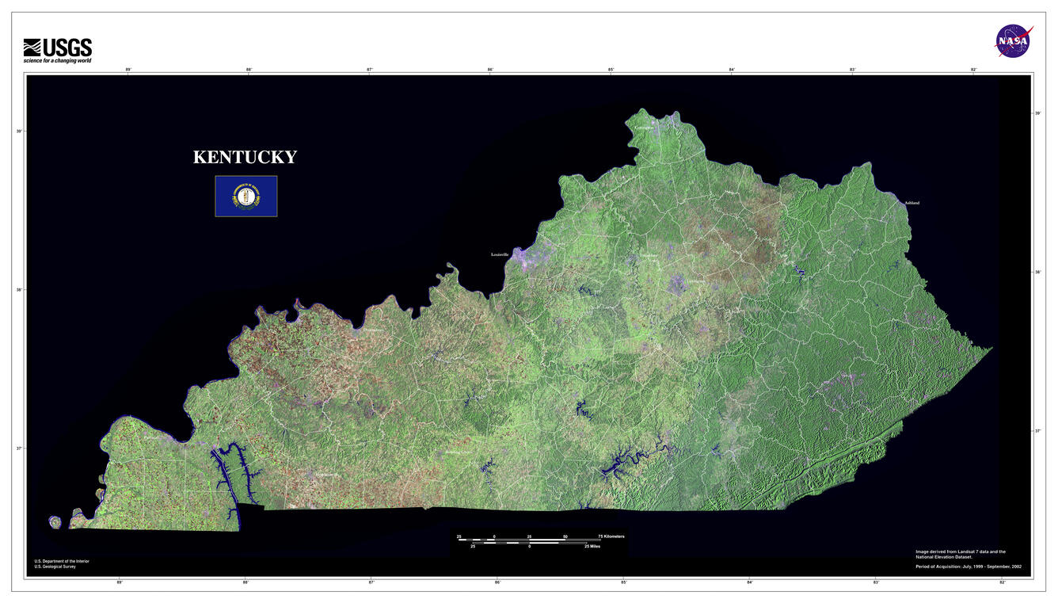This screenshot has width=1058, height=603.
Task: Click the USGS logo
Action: [x=58, y=48]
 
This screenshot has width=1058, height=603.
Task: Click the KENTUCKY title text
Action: [x=245, y=157]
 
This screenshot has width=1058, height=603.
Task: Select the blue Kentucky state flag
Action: [x=246, y=197]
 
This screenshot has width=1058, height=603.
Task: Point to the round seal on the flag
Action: [x=246, y=197]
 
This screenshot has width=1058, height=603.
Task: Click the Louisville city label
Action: [x=500, y=255]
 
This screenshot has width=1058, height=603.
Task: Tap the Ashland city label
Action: [x=911, y=203]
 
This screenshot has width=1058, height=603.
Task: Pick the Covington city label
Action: [x=644, y=128]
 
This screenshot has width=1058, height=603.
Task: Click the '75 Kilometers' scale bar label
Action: [x=611, y=536]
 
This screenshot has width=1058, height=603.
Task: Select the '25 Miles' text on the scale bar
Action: [x=592, y=546]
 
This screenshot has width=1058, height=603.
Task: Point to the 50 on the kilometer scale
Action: [x=565, y=536]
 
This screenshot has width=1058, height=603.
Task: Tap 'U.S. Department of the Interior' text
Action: [x=62, y=561]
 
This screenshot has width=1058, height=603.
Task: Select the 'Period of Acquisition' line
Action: [x=968, y=567]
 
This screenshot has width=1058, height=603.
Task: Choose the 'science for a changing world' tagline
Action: [x=57, y=61]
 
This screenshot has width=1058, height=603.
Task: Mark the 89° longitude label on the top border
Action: [x=128, y=70]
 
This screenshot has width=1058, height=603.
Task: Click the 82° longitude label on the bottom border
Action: [x=1002, y=582]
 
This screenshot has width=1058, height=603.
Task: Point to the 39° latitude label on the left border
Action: [x=19, y=131]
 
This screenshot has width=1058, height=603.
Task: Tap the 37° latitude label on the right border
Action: [x=1038, y=431]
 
